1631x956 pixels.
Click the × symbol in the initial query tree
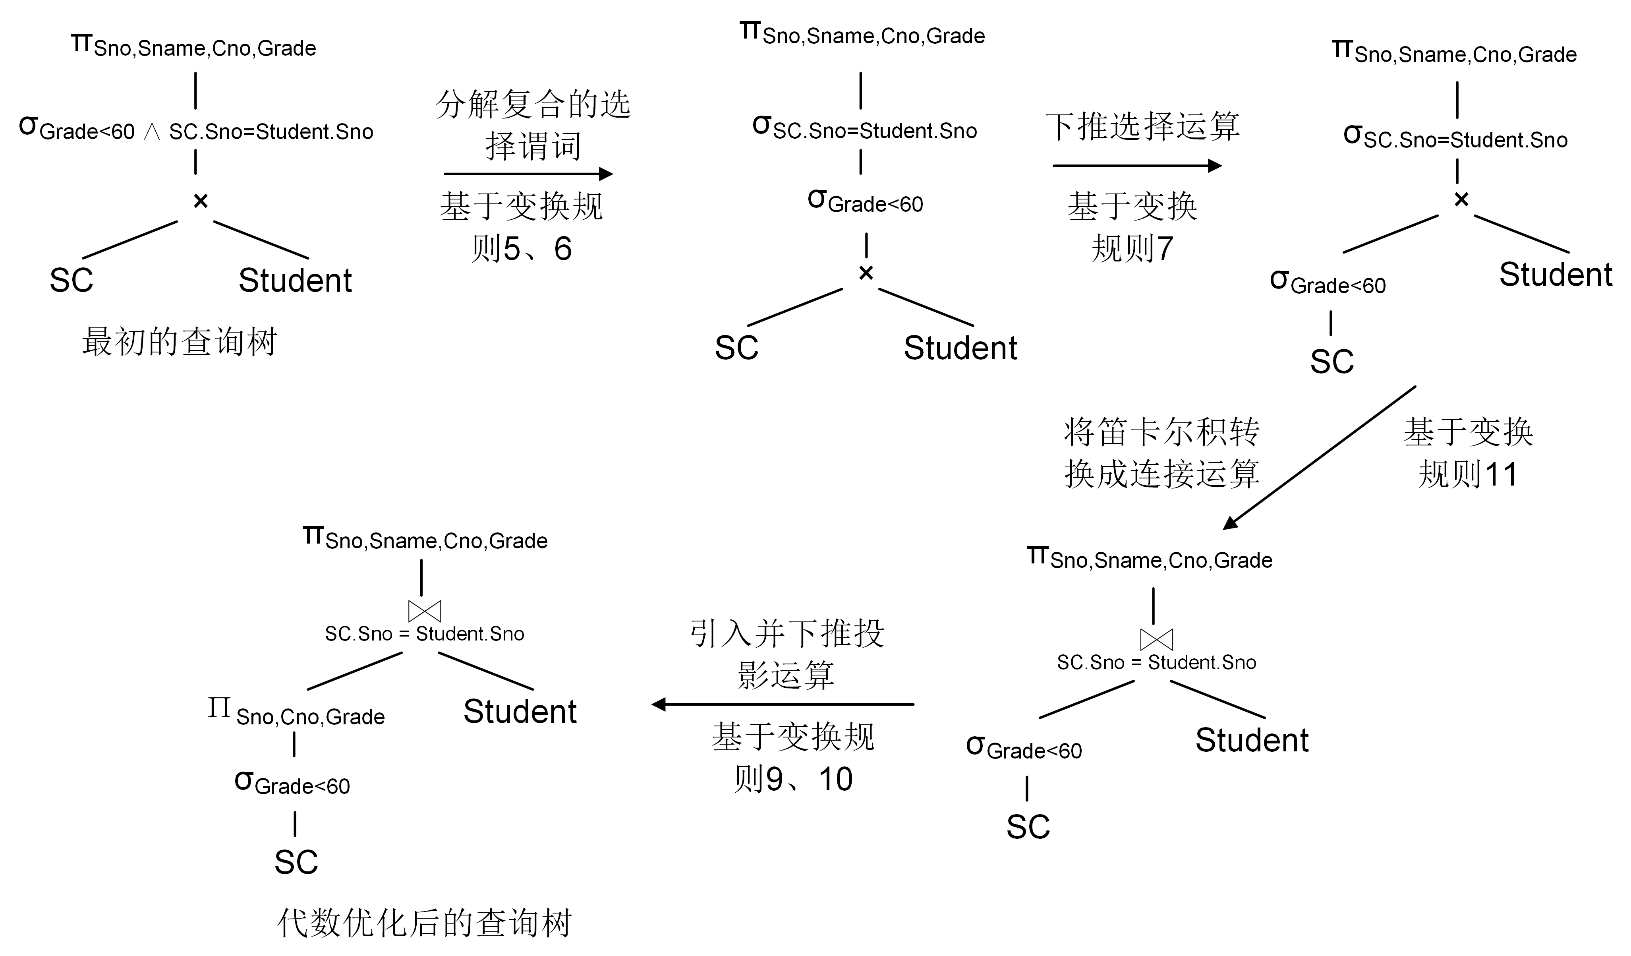[x=201, y=201]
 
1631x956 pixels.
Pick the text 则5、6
[x=522, y=249]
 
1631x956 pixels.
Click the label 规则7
[x=1132, y=249]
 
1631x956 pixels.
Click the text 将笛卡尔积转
[x=1162, y=432]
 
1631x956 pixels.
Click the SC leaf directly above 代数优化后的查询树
[x=296, y=862]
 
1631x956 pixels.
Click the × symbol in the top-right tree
[x=1461, y=200]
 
